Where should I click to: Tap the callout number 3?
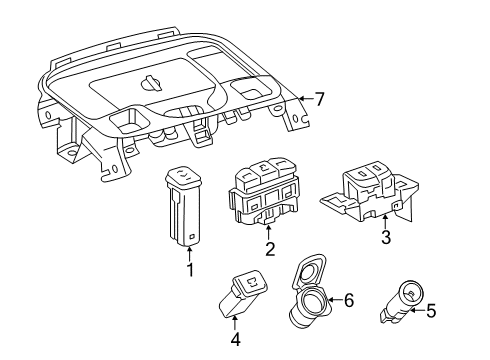[x=384, y=238]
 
